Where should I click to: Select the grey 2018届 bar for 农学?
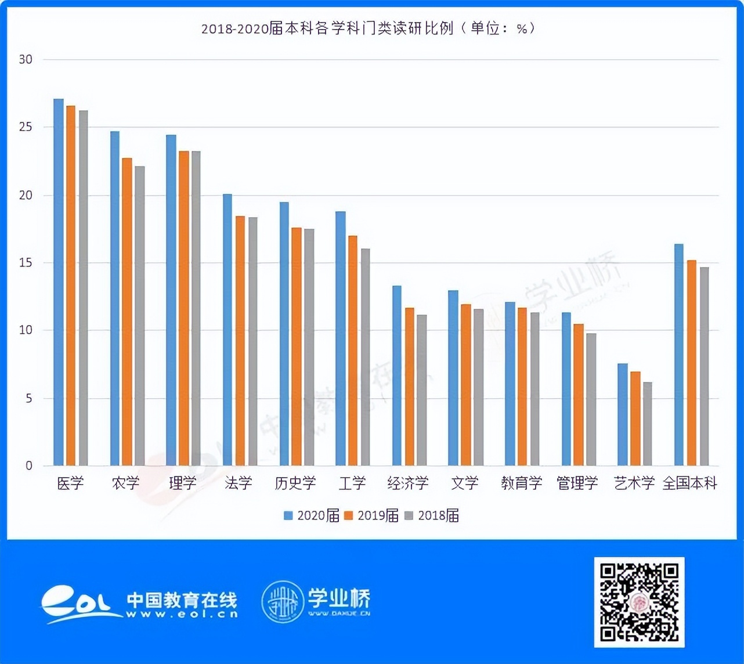(140, 316)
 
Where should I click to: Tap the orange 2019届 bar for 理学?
(184, 308)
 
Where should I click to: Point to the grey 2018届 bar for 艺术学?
(647, 424)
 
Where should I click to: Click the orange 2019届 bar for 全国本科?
(692, 363)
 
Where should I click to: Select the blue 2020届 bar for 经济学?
(397, 376)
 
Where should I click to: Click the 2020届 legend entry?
(312, 515)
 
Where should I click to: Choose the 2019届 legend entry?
(372, 515)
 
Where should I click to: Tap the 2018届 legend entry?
(432, 515)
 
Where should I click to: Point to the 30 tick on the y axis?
(26, 59)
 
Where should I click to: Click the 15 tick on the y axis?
(26, 263)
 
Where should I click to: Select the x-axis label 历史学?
(295, 483)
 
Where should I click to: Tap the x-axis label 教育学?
(522, 483)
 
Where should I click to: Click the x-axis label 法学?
(239, 483)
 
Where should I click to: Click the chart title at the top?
(368, 28)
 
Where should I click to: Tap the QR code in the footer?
(639, 602)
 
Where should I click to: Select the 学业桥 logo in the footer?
(316, 602)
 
